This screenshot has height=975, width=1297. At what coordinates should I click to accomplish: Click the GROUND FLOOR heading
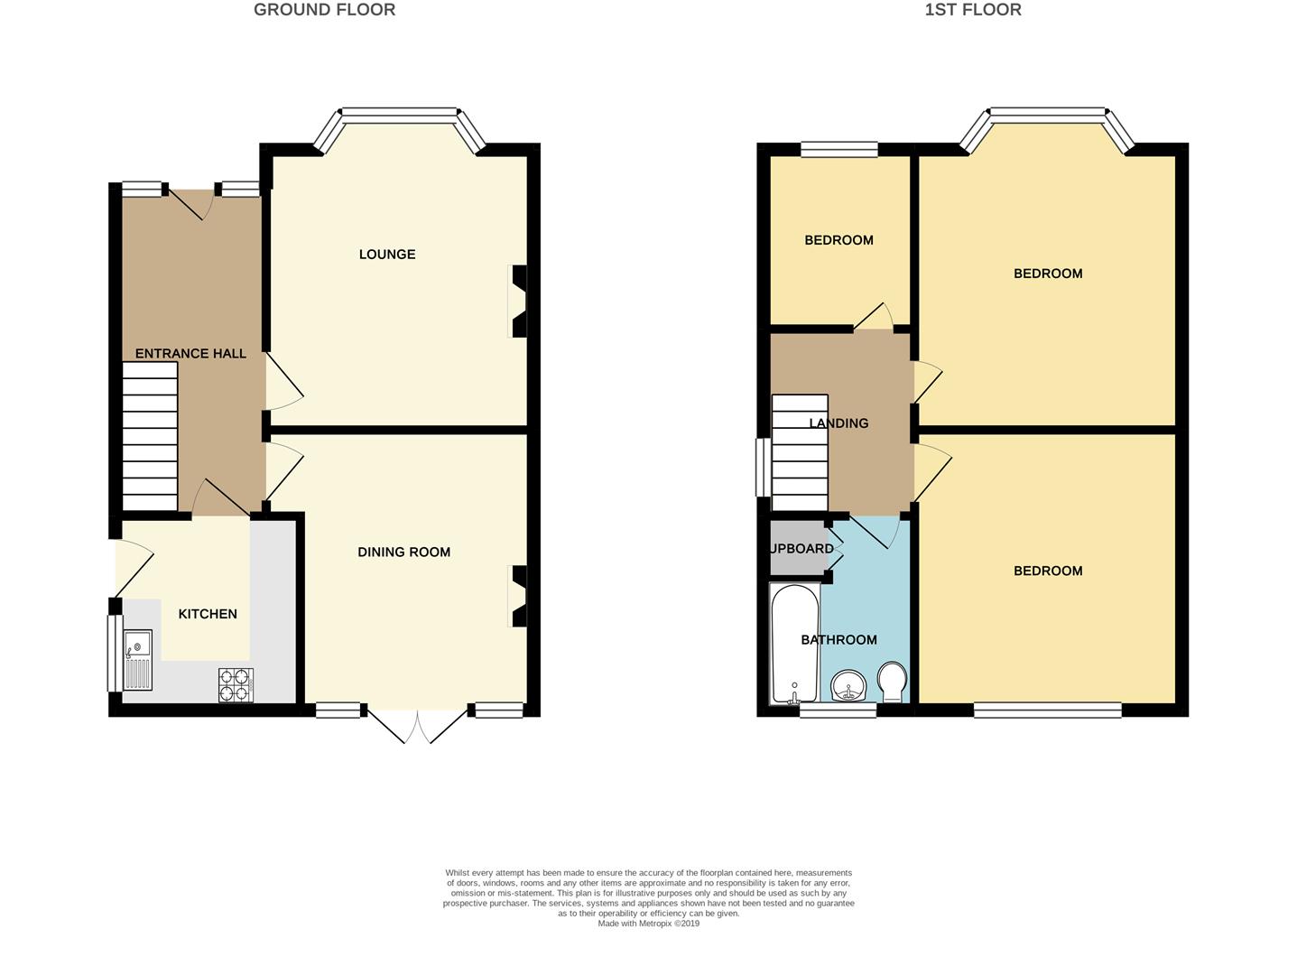[x=324, y=10]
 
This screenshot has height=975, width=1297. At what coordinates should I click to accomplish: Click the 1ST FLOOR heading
[x=973, y=10]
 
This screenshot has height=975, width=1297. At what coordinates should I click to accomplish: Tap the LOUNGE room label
[x=387, y=255]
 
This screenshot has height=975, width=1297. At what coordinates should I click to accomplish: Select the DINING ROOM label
[x=403, y=552]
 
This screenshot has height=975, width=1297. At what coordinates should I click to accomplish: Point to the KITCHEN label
[x=208, y=614]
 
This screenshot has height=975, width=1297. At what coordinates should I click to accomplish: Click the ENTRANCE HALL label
[x=190, y=354]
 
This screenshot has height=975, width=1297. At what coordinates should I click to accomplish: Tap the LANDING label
[x=838, y=423]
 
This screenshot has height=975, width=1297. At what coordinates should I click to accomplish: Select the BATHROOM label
[x=838, y=640]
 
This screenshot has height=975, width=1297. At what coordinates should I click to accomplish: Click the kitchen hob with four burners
[x=236, y=685]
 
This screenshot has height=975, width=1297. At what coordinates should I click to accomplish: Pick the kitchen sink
[x=138, y=660]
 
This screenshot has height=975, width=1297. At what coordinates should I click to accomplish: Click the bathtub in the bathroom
[x=794, y=643]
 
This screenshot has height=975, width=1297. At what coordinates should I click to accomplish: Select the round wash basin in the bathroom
[x=848, y=686]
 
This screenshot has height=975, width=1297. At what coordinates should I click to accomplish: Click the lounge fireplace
[x=519, y=301]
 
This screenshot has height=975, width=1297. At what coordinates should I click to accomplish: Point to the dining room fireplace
[x=519, y=596]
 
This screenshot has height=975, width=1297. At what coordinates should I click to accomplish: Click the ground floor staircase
[x=150, y=437]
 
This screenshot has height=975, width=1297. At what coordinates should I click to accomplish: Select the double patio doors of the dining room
[x=417, y=725]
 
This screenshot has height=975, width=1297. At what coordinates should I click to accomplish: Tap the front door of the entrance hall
[x=190, y=204]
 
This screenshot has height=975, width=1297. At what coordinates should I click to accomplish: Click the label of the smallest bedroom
[x=838, y=240]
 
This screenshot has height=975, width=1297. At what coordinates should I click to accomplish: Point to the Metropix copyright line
[x=648, y=924]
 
